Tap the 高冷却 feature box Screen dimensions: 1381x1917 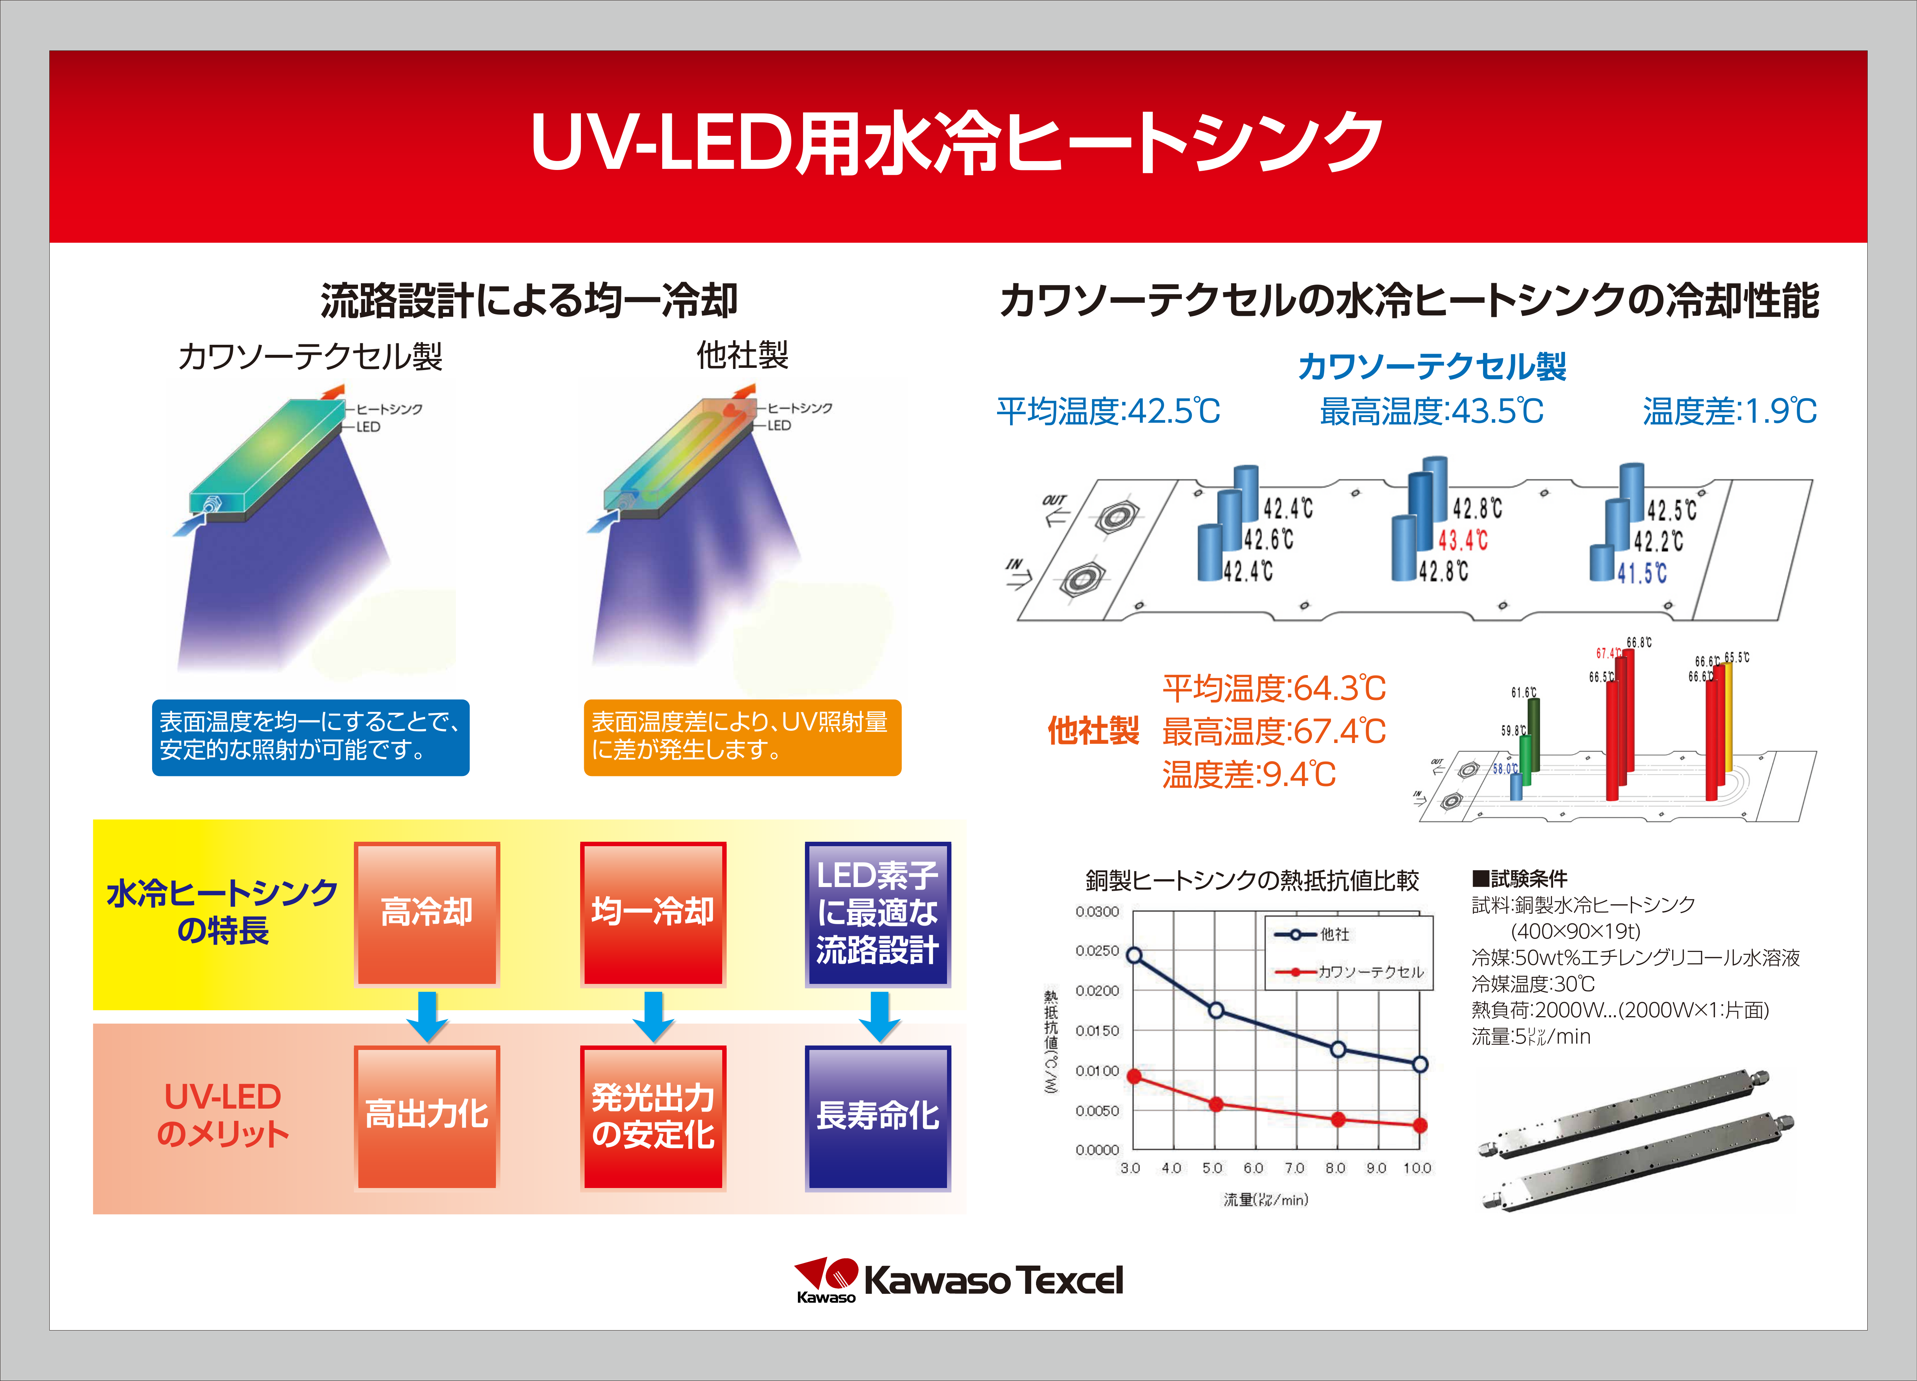click(427, 913)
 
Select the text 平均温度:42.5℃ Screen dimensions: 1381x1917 click(1108, 412)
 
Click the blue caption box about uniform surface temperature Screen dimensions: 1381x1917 click(310, 737)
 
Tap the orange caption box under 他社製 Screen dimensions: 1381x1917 click(742, 737)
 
